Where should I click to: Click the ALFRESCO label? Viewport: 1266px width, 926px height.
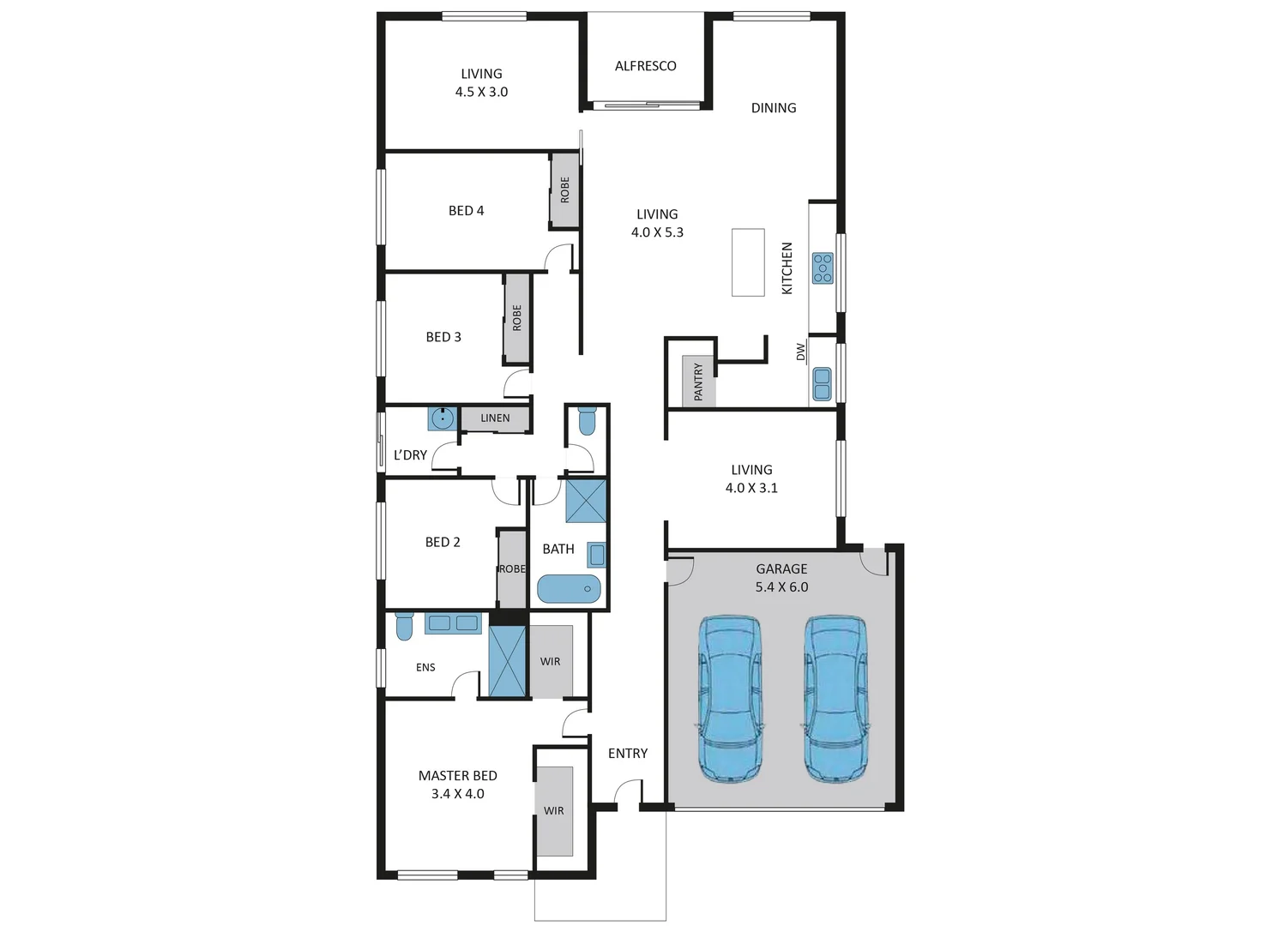coord(645,66)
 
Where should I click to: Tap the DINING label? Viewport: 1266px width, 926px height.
coord(774,108)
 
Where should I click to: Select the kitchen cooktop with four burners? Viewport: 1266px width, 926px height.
coord(823,268)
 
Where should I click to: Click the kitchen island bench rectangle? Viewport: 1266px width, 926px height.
coord(748,262)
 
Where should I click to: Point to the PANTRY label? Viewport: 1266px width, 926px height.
coord(698,382)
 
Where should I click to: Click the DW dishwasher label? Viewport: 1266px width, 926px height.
coord(801,352)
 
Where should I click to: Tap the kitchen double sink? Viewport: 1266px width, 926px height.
coord(822,384)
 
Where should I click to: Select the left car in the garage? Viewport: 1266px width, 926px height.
coord(730,698)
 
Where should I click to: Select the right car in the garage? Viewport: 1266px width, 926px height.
coord(835,698)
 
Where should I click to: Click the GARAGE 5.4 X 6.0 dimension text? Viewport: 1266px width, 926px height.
coord(781,587)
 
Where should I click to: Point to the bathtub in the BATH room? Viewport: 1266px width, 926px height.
coord(569,589)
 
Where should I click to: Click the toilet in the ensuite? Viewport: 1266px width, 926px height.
coord(404,627)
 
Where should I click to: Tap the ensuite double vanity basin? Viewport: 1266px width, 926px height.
coord(453,623)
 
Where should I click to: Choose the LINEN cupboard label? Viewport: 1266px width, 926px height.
coord(495,418)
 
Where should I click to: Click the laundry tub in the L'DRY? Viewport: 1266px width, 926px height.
coord(442,418)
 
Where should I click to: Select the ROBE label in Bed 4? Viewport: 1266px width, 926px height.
coord(564,190)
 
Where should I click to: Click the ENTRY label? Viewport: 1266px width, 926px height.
coord(628,754)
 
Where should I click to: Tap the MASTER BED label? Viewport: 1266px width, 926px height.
coord(458,776)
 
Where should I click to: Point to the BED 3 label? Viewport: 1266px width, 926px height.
coord(443,337)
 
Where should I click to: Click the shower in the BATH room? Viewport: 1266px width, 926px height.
coord(586,501)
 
